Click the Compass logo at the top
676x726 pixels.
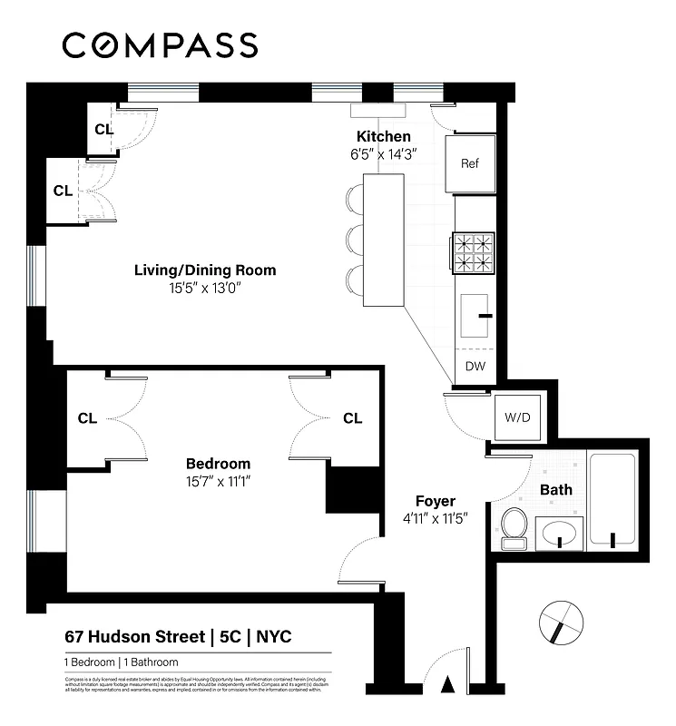pyautogui.click(x=160, y=44)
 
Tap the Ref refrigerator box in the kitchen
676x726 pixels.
pyautogui.click(x=470, y=164)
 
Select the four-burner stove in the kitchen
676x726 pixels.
pyautogui.click(x=474, y=253)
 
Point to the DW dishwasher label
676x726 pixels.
pyautogui.click(x=475, y=367)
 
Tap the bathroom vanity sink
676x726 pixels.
pyautogui.click(x=559, y=533)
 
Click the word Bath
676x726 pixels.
pyautogui.click(x=556, y=490)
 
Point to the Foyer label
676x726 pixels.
pyautogui.click(x=436, y=501)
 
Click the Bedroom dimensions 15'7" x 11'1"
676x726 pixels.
pyautogui.click(x=218, y=481)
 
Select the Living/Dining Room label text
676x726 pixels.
pyautogui.click(x=205, y=270)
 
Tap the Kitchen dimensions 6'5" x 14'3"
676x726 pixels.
pyautogui.click(x=383, y=154)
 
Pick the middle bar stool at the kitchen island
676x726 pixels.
pyautogui.click(x=355, y=240)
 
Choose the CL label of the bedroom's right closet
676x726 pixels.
pyautogui.click(x=352, y=418)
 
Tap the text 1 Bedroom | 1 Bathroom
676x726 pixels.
pyautogui.click(x=121, y=662)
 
